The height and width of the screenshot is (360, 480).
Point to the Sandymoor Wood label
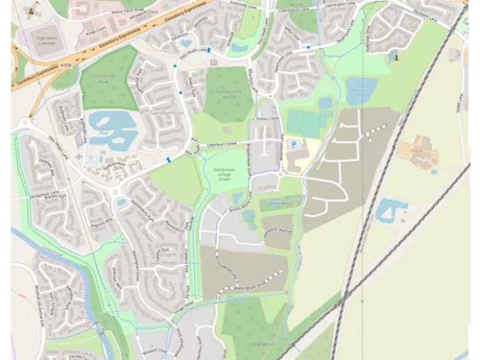pyautogui.click(x=229, y=94)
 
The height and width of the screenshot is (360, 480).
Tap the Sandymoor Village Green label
pyautogui.click(x=225, y=175)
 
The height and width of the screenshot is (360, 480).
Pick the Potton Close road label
pyautogui.click(x=267, y=119)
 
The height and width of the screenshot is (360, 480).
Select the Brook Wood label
pyautogui.click(x=281, y=203)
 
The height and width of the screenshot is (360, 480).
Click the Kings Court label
pyautogui.click(x=95, y=31)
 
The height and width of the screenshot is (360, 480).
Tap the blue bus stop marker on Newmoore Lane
pyautogui.click(x=308, y=47)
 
